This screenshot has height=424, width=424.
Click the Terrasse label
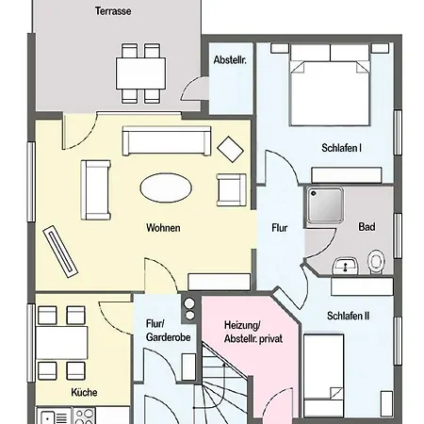[x=113, y=11]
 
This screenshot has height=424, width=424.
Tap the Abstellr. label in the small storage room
[x=230, y=59]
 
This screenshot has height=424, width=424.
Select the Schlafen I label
[x=341, y=148]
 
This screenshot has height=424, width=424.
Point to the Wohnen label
[x=163, y=228]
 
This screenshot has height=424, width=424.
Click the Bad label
[x=367, y=227]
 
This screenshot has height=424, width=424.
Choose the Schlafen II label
[x=348, y=316]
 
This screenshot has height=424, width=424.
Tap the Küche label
[x=84, y=392]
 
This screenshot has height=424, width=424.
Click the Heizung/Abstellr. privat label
[x=253, y=332]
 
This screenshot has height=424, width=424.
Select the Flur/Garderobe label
[x=169, y=331]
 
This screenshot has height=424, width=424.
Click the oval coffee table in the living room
[x=166, y=188]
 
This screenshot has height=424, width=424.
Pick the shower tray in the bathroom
[x=325, y=205]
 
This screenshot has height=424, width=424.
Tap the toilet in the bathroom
[x=376, y=262]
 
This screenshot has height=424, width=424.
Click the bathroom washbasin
[x=345, y=266]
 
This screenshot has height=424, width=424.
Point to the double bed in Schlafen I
[x=330, y=85]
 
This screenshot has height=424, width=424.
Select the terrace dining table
[x=141, y=73]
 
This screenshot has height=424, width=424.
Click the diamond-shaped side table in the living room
[x=231, y=150]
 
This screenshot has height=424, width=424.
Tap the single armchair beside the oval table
[x=232, y=189]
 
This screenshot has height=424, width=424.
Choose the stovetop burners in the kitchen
[x=84, y=416]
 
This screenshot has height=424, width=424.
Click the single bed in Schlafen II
[x=323, y=376]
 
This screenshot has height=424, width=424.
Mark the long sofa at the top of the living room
[x=167, y=140]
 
